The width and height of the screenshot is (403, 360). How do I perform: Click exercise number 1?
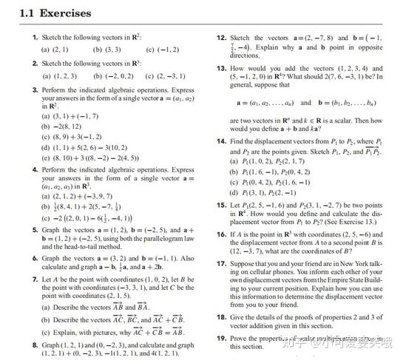click(x=35, y=37)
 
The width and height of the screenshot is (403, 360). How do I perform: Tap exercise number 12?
click(x=221, y=37)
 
